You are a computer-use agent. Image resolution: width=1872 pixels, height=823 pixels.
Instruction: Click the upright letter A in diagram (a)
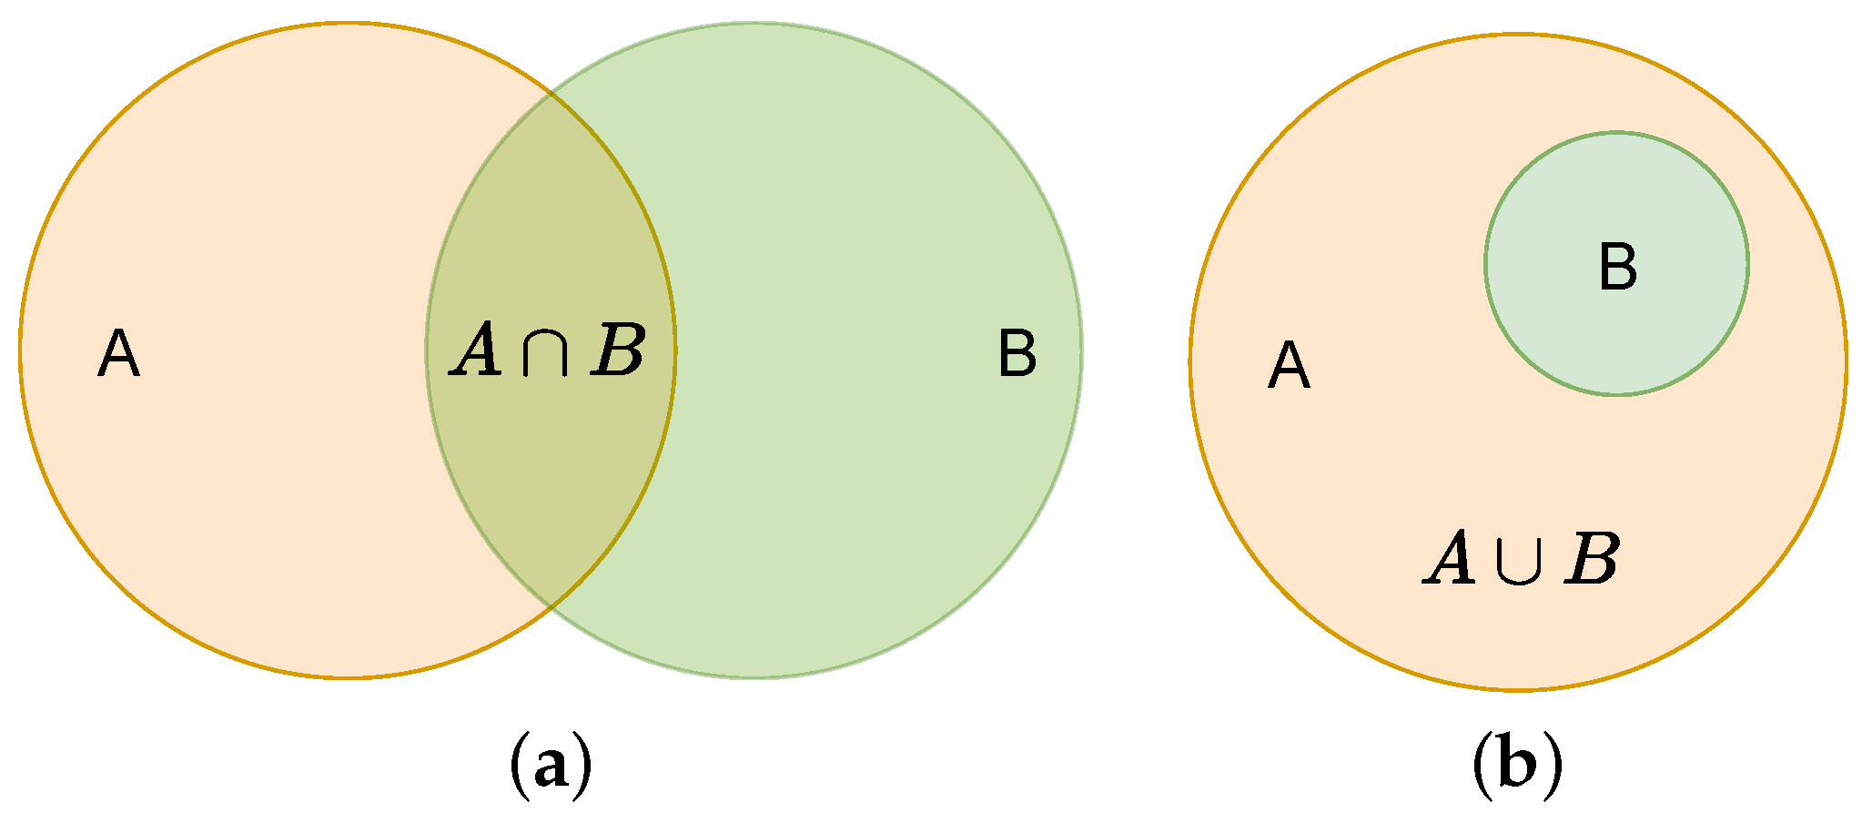click(118, 354)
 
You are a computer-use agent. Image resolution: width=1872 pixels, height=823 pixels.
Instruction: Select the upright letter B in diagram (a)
click(1017, 354)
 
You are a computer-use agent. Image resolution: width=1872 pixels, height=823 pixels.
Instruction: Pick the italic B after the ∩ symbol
click(617, 352)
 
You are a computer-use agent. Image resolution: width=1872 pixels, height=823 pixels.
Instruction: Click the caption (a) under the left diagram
click(549, 767)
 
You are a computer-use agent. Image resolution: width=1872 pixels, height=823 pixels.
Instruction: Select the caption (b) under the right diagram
click(1517, 767)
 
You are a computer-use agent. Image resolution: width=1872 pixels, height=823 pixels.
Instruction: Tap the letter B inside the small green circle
click(1617, 269)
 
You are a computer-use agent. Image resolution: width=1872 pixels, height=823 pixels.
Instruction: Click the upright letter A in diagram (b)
click(1289, 367)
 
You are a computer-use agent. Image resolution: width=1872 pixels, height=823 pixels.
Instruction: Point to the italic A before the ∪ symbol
click(1450, 559)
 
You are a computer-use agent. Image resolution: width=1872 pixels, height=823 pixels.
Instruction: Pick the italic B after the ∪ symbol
click(1591, 559)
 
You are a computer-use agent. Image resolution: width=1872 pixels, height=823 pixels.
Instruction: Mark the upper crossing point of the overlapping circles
click(551, 93)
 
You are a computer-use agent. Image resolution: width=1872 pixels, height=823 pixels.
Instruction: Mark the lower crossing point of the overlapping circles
click(551, 607)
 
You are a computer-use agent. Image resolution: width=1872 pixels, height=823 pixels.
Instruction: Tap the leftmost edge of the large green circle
click(427, 351)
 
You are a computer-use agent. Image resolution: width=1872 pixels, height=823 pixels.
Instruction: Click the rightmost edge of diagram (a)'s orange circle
click(674, 351)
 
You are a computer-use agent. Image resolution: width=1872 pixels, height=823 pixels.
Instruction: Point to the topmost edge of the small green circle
click(1616, 133)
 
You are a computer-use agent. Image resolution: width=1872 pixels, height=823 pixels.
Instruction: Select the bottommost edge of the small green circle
click(1616, 394)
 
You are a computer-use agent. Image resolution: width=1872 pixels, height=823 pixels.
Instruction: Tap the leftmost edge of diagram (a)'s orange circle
click(20, 351)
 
